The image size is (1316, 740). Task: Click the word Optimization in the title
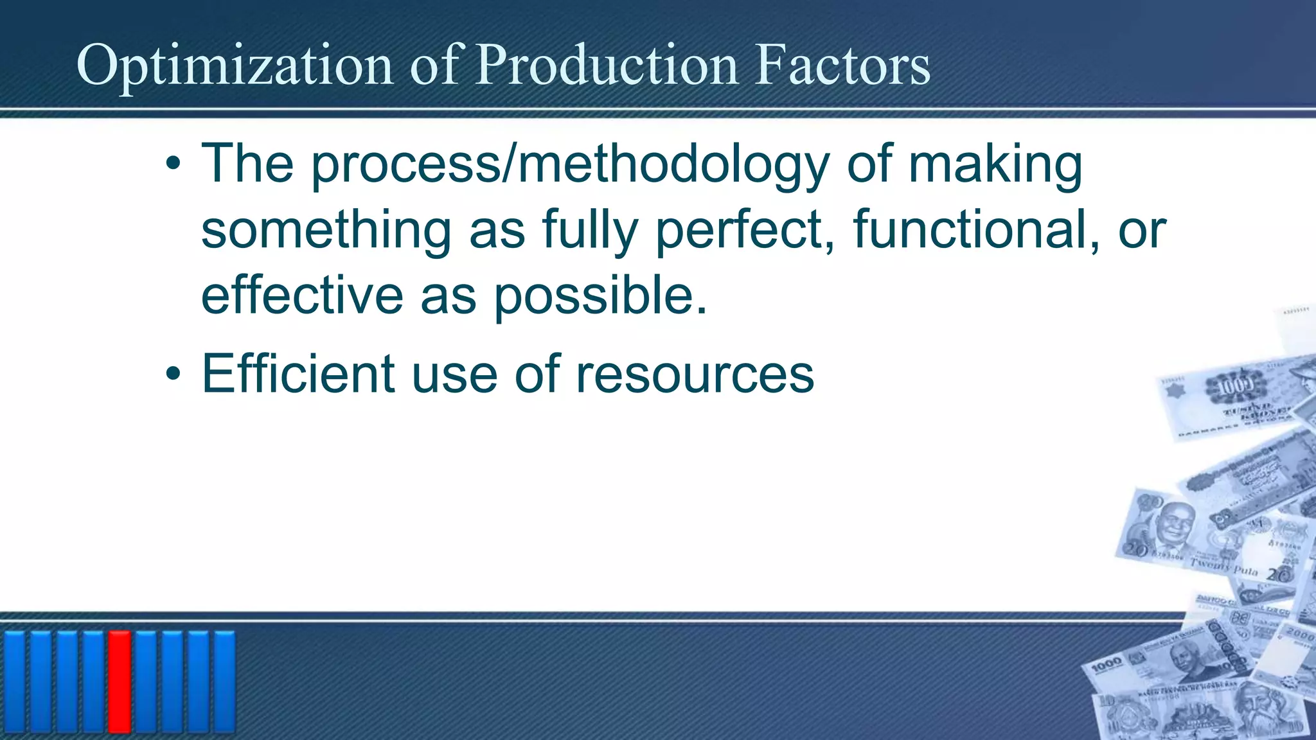coord(234,66)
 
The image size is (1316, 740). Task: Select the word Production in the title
coord(607,66)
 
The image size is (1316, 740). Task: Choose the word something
coord(326,230)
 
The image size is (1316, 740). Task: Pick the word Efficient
coord(298,374)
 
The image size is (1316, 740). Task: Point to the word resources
coord(695,374)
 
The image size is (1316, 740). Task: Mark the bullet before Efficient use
coord(172,374)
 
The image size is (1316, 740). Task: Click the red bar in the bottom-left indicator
coord(120,682)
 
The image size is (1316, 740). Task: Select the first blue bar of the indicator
coord(15,682)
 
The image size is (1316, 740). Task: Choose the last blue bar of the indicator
coord(224,682)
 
